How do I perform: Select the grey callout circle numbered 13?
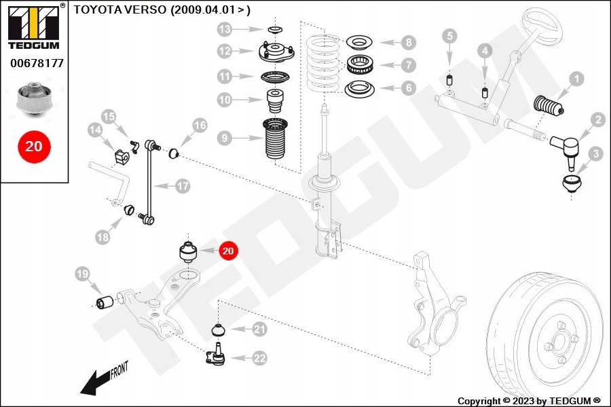[x=225, y=29]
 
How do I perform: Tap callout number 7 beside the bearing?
[x=407, y=66]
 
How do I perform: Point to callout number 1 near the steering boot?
[x=576, y=79]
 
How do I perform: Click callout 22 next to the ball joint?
[x=259, y=359]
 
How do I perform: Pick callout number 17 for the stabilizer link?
[x=183, y=186]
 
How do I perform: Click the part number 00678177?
[x=37, y=63]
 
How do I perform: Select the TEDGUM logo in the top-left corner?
[x=33, y=26]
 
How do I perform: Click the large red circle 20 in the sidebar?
[x=34, y=146]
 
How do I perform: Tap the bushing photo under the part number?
[x=33, y=100]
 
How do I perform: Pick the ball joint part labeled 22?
[x=217, y=357]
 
